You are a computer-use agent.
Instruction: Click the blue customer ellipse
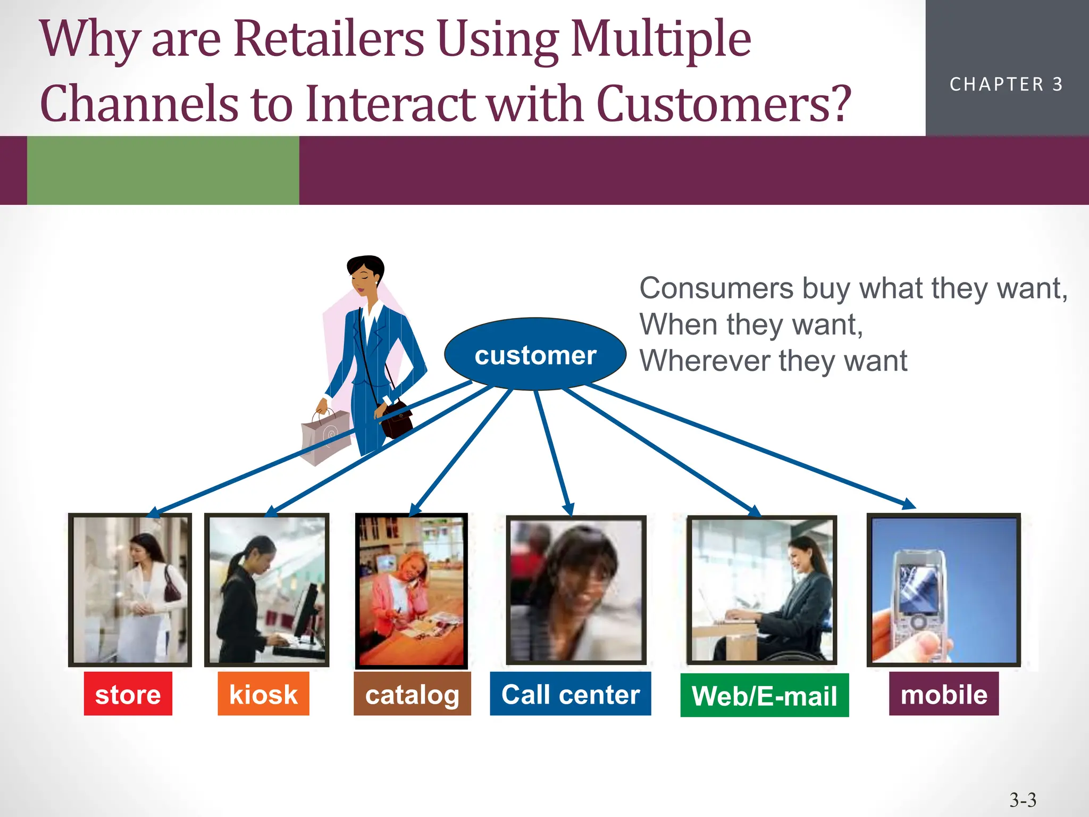pyautogui.click(x=535, y=354)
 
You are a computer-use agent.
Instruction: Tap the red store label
pyautogui.click(x=128, y=694)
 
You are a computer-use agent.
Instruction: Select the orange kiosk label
pyautogui.click(x=263, y=694)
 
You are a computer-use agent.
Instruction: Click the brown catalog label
pyautogui.click(x=412, y=694)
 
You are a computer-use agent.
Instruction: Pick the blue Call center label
pyautogui.click(x=570, y=694)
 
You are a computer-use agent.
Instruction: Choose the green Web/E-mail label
pyautogui.click(x=764, y=696)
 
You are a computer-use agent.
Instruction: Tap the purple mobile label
pyautogui.click(x=943, y=694)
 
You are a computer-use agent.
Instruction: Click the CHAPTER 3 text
pyautogui.click(x=1006, y=85)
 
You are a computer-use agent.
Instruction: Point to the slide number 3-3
pyautogui.click(x=1023, y=799)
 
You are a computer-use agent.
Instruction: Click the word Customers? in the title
pyautogui.click(x=723, y=104)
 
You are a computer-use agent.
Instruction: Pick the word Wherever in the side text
pyautogui.click(x=705, y=361)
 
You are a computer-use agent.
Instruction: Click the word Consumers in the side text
pyautogui.click(x=716, y=288)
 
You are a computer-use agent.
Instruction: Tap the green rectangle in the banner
pyautogui.click(x=163, y=170)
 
